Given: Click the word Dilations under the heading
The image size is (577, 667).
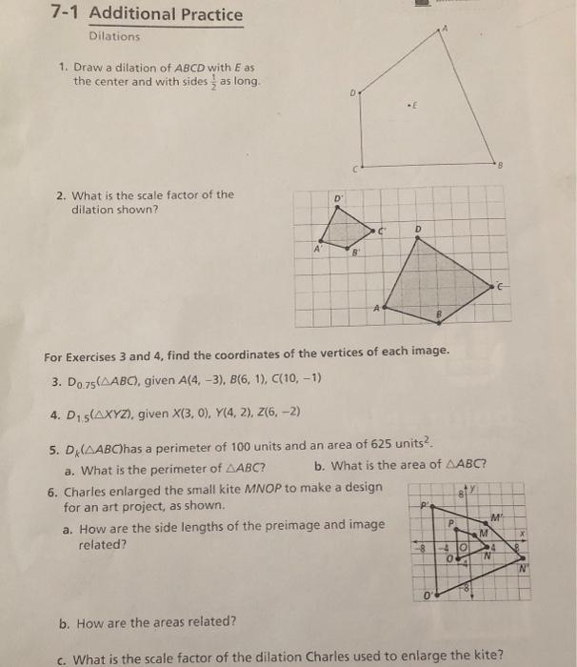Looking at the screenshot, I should [x=114, y=37].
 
